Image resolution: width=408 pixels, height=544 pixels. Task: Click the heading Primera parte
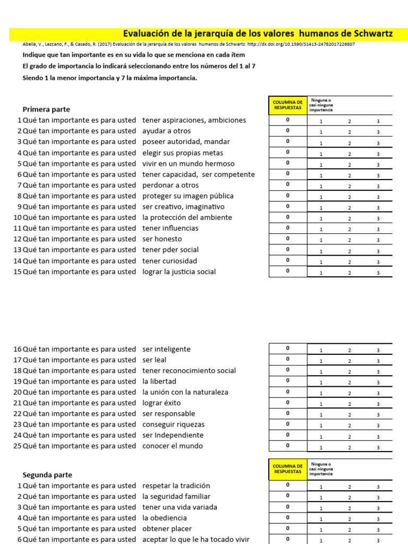click(46, 109)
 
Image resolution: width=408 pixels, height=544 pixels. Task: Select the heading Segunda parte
click(47, 474)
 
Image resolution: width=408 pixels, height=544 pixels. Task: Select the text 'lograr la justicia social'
click(179, 271)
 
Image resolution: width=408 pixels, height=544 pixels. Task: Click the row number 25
click(17, 446)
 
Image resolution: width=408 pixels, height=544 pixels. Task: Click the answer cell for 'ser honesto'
click(288, 239)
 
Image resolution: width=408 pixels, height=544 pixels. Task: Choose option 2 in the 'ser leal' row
click(350, 361)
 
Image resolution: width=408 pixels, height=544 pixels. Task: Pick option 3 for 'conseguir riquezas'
click(378, 426)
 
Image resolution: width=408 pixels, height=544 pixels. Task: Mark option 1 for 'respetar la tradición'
click(321, 487)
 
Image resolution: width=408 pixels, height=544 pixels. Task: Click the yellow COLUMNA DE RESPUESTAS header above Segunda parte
click(288, 469)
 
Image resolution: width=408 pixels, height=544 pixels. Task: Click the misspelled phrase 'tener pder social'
click(171, 250)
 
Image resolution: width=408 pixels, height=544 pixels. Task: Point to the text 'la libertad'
click(159, 381)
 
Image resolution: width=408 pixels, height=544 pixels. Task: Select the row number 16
click(17, 349)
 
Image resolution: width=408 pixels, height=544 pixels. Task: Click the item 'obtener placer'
click(167, 529)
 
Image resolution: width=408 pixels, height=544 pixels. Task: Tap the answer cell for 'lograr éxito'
click(288, 402)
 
